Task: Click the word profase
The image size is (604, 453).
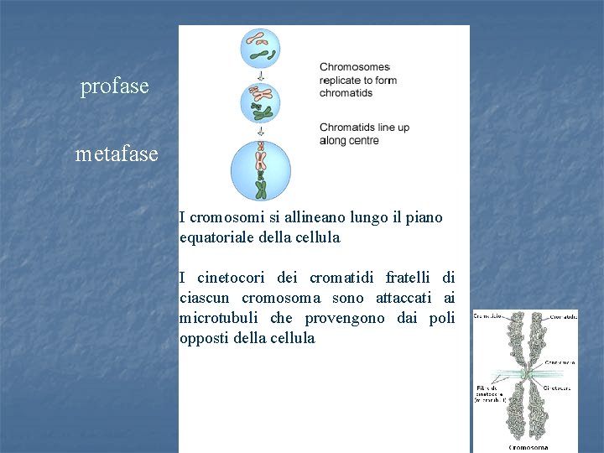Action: [x=114, y=86]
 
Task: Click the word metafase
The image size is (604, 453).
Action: [x=117, y=154]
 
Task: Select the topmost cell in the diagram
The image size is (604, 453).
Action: [x=260, y=48]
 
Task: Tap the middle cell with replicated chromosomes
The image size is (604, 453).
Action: [x=260, y=103]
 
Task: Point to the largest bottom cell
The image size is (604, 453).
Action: [x=260, y=170]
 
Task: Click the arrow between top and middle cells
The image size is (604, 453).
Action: [x=260, y=75]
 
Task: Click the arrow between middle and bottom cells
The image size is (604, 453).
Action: [x=260, y=131]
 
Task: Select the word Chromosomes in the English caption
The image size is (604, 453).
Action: [x=355, y=67]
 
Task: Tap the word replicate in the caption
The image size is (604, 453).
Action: [x=341, y=81]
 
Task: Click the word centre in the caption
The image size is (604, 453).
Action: [x=364, y=141]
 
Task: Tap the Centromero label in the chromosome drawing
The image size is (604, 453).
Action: [x=560, y=362]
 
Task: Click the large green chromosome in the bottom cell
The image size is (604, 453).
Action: [x=261, y=187]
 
